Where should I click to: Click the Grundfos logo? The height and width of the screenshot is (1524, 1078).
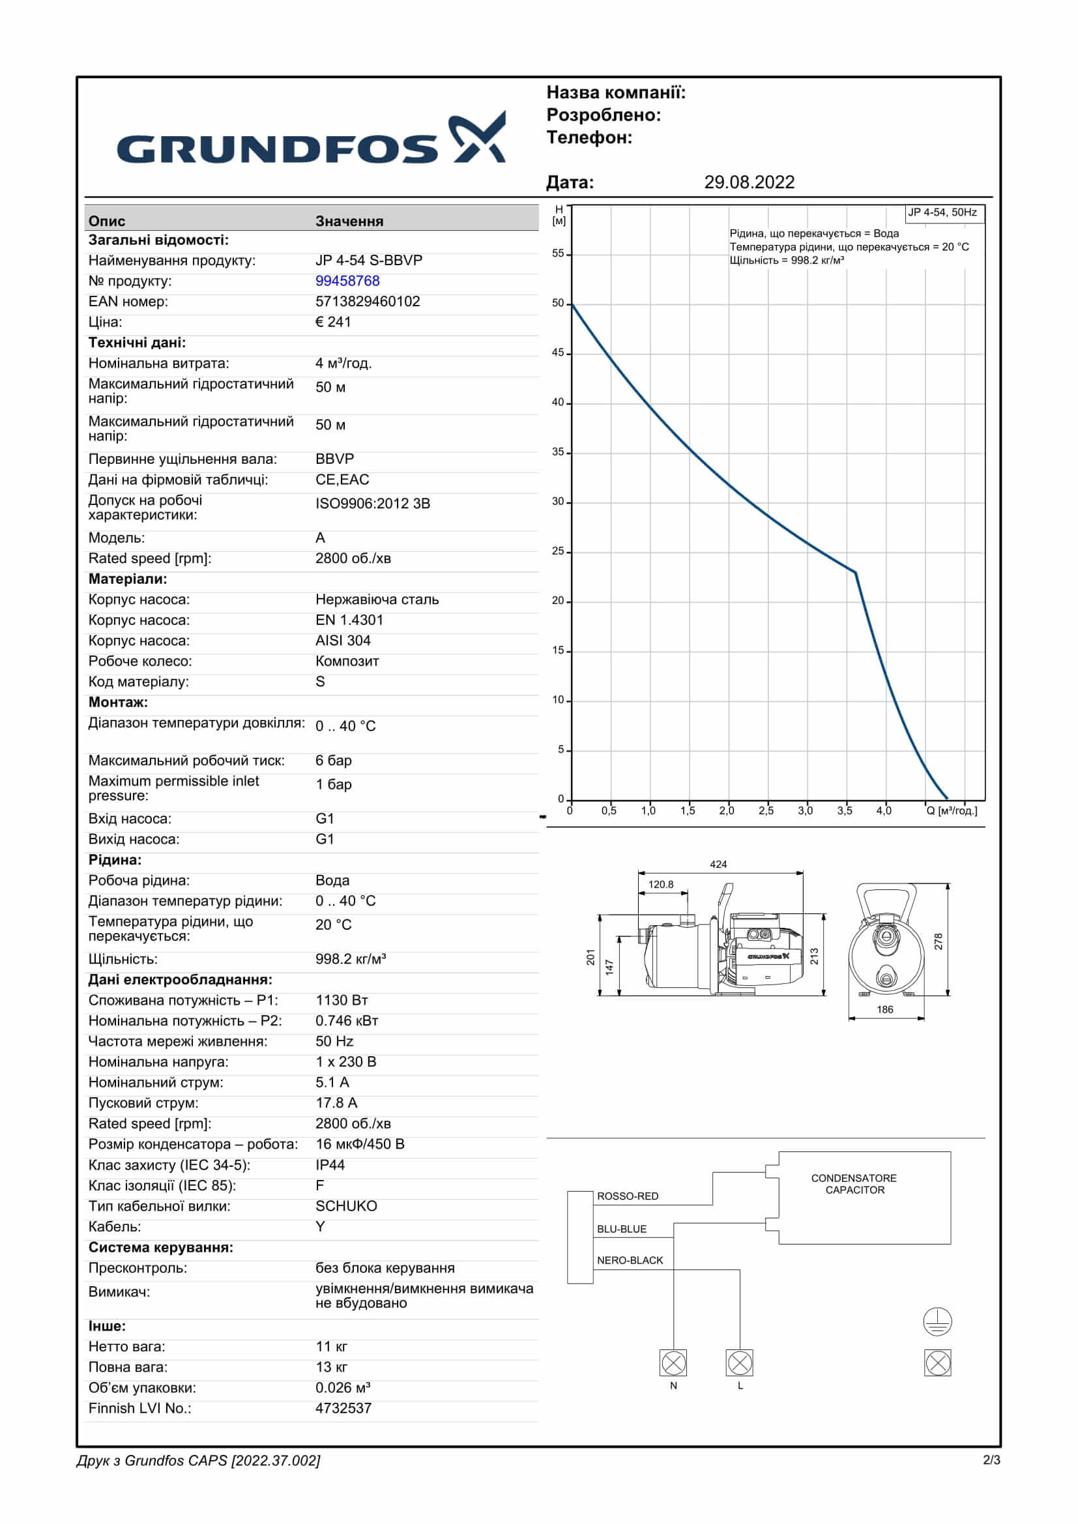pyautogui.click(x=311, y=139)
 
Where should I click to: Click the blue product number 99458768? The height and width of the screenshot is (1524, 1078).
pyautogui.click(x=347, y=281)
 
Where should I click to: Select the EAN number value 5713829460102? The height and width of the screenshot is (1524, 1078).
pyautogui.click(x=368, y=302)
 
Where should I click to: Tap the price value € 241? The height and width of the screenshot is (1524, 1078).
pyautogui.click(x=333, y=322)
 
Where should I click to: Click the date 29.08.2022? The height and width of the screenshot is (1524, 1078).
pyautogui.click(x=749, y=182)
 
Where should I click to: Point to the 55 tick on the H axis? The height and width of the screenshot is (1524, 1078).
pyautogui.click(x=559, y=253)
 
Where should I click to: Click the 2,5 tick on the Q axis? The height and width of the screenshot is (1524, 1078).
pyautogui.click(x=766, y=811)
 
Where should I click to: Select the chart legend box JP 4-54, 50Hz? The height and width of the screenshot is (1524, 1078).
pyautogui.click(x=943, y=213)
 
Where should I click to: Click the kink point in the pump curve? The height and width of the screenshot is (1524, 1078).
pyautogui.click(x=855, y=572)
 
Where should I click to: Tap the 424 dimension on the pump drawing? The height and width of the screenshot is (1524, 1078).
pyautogui.click(x=718, y=864)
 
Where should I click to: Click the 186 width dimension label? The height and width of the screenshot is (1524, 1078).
pyautogui.click(x=885, y=1009)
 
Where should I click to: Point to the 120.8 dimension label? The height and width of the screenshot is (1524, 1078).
pyautogui.click(x=660, y=884)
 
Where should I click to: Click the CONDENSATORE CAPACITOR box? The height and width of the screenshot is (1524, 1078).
pyautogui.click(x=864, y=1198)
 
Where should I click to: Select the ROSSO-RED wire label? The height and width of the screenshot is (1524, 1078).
pyautogui.click(x=627, y=1196)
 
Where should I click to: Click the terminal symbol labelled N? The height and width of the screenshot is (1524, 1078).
pyautogui.click(x=674, y=1363)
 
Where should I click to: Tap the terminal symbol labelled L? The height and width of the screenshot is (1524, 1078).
pyautogui.click(x=740, y=1363)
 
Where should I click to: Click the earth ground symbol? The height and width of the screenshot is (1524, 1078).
pyautogui.click(x=937, y=1321)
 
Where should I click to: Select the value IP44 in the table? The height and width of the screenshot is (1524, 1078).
pyautogui.click(x=330, y=1165)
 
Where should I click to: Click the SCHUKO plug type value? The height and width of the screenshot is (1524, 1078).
pyautogui.click(x=346, y=1206)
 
